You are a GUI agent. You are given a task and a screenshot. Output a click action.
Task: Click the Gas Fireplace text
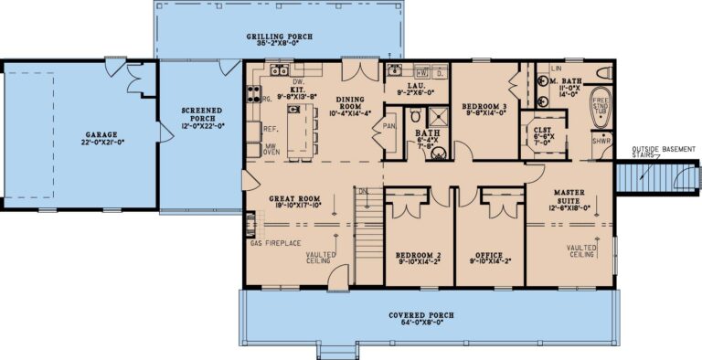(x=275, y=244)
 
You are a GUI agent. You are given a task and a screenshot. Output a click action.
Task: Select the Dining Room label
(x=351, y=102)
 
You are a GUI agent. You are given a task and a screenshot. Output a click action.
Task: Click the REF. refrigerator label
(x=270, y=129)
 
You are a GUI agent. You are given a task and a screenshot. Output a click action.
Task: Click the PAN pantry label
(x=390, y=126)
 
